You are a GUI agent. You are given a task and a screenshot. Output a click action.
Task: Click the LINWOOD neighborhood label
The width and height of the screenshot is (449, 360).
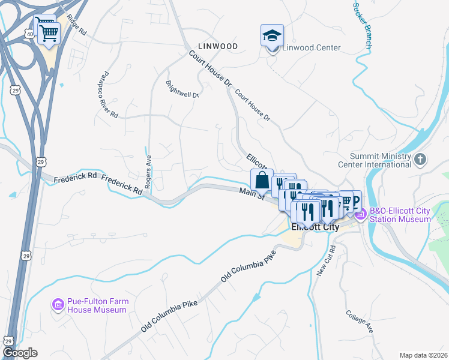point(218,46)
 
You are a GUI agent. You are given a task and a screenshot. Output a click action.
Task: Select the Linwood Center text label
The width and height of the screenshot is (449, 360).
point(312,47)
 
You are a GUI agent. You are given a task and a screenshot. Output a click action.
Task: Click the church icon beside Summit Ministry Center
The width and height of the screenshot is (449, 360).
point(421,160)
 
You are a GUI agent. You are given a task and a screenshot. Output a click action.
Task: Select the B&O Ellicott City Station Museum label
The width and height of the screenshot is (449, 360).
point(400,215)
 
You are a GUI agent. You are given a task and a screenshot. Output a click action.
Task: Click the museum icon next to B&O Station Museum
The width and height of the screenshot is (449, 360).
point(361,214)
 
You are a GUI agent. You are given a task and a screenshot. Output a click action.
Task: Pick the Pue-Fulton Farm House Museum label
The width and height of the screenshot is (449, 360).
point(98,305)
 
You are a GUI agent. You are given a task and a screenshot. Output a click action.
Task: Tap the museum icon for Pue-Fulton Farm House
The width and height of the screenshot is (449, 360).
point(58,305)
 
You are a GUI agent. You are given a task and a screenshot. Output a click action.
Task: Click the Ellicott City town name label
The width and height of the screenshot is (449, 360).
point(315,227)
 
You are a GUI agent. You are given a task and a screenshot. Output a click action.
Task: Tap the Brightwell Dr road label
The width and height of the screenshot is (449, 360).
point(181,89)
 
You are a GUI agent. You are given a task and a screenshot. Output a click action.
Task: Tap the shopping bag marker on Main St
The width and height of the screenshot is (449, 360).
point(262,179)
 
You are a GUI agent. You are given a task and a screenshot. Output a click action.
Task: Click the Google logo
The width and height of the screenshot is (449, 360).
point(20,353)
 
